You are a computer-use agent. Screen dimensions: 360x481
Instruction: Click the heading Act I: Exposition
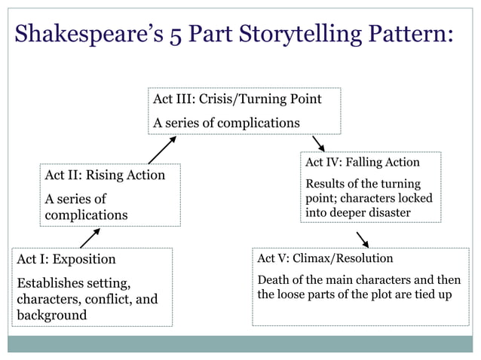[x=66, y=259]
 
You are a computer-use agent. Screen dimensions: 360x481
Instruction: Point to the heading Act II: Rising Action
[x=105, y=175]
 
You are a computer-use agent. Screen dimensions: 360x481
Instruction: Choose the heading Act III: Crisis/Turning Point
[x=237, y=99]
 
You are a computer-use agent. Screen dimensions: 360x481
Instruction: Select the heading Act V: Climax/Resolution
[x=325, y=258]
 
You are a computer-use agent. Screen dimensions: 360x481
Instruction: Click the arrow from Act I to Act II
[x=90, y=238]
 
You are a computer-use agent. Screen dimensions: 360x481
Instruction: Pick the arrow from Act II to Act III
[x=162, y=150]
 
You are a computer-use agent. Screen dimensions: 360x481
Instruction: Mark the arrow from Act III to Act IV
[x=318, y=143]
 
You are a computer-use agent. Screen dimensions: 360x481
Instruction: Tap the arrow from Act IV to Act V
[x=362, y=239]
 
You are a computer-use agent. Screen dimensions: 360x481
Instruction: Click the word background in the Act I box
[x=51, y=315]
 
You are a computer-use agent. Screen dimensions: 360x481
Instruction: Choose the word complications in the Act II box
[x=86, y=215]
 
